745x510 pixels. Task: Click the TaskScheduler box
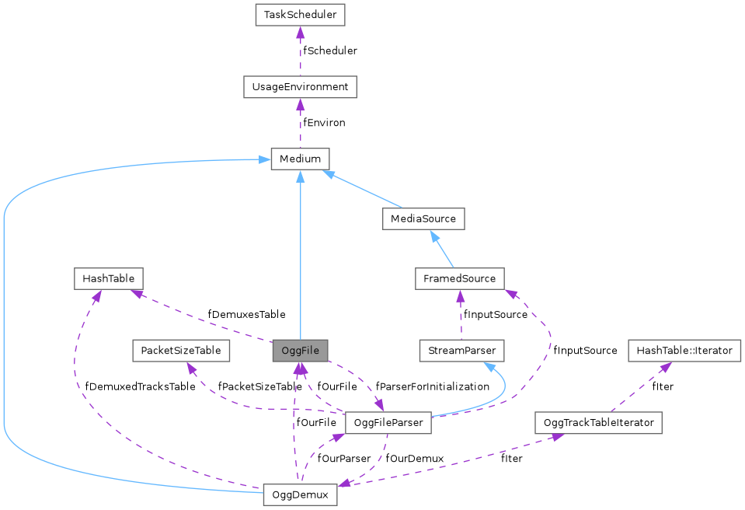pyautogui.click(x=300, y=14)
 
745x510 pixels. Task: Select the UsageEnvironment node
pyautogui.click(x=300, y=86)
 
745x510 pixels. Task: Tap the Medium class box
pyautogui.click(x=300, y=159)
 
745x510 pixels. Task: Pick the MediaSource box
pyautogui.click(x=423, y=218)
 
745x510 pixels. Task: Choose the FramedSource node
pyautogui.click(x=460, y=278)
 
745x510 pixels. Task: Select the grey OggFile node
pyautogui.click(x=300, y=351)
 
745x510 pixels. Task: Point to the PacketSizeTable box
pyautogui.click(x=180, y=351)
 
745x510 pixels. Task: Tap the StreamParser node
pyautogui.click(x=461, y=351)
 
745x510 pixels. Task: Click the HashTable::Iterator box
pyautogui.click(x=684, y=351)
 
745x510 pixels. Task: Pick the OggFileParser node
pyautogui.click(x=388, y=423)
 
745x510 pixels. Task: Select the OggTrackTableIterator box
pyautogui.click(x=598, y=423)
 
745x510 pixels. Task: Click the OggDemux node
pyautogui.click(x=300, y=494)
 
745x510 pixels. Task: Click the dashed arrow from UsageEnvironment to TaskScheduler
pyautogui.click(x=300, y=51)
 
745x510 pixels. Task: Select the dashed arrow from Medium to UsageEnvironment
pyautogui.click(x=300, y=123)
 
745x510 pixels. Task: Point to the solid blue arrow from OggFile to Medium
pyautogui.click(x=300, y=257)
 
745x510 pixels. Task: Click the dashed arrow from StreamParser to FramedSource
pyautogui.click(x=461, y=315)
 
